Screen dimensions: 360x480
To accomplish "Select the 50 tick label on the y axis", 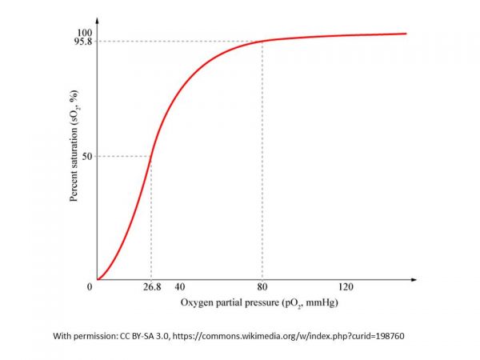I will click(x=87, y=157).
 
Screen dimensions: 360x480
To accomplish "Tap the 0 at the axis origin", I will click(x=90, y=286).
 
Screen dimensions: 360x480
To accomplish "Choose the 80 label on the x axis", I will click(x=262, y=286).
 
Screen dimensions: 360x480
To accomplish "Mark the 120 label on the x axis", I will click(x=346, y=286).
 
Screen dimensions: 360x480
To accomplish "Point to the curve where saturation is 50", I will click(x=150, y=157).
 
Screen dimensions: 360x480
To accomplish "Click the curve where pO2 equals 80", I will click(x=262, y=42).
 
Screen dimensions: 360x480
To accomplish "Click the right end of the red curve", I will click(x=405, y=34).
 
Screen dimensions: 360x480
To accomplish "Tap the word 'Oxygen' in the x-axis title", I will click(x=195, y=304).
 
